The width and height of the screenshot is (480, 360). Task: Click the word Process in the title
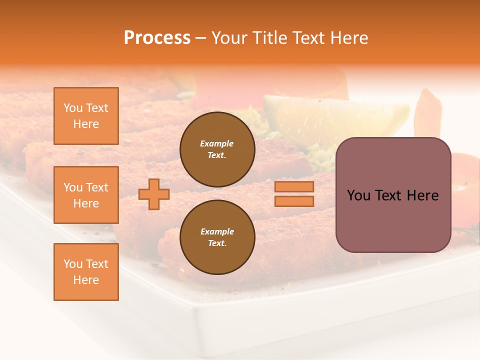157,38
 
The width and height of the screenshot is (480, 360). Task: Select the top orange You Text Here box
86,116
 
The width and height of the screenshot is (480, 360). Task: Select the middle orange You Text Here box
86,195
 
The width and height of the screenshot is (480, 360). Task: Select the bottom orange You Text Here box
86,272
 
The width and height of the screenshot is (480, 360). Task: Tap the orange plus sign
153,194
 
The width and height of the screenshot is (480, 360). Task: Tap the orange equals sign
294,194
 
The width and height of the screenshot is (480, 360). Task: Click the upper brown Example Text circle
217,149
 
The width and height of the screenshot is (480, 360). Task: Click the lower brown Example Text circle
217,237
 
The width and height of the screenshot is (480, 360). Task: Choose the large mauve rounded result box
393,195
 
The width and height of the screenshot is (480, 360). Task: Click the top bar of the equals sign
294,187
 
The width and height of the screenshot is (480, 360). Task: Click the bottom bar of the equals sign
294,201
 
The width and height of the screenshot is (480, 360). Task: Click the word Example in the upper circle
217,143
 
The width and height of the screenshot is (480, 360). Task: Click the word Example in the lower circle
217,231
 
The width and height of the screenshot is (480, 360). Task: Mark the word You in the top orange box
73,108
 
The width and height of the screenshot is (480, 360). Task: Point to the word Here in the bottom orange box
86,280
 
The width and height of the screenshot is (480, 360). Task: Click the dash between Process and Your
200,38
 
